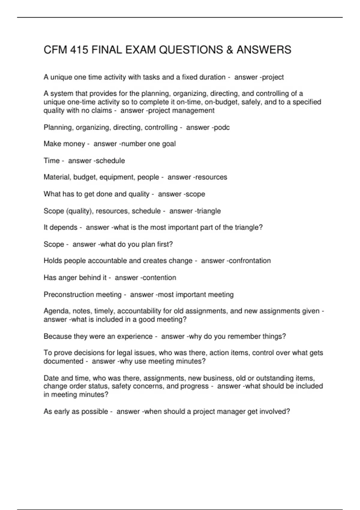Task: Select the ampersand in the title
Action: (x=230, y=50)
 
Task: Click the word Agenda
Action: (x=57, y=311)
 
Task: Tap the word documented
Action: (x=63, y=361)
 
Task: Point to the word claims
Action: (x=101, y=111)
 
